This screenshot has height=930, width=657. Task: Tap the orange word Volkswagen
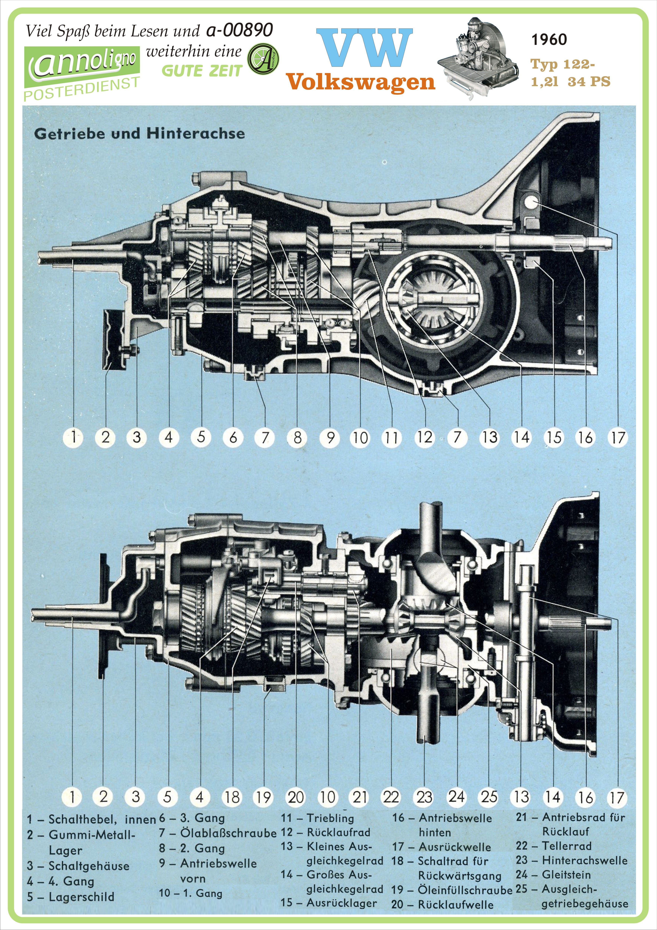(x=361, y=82)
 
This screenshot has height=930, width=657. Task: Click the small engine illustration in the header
(x=478, y=57)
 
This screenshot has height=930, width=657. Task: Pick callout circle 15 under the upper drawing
(x=554, y=437)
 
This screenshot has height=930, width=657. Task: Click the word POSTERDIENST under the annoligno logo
(x=81, y=89)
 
